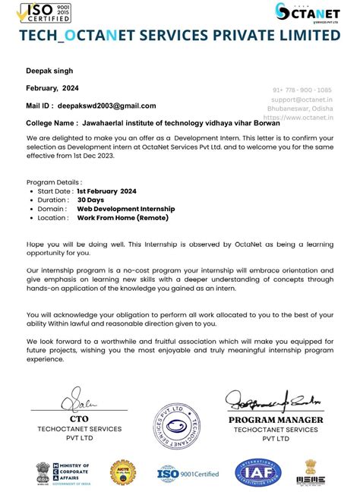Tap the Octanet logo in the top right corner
pyautogui.click(x=308, y=14)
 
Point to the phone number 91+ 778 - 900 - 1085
pyautogui.click(x=302, y=90)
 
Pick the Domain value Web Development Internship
pyautogui.click(x=125, y=208)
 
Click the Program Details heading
pyautogui.click(x=53, y=183)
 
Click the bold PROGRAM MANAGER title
pyautogui.click(x=276, y=420)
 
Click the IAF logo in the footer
pyautogui.click(x=257, y=473)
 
